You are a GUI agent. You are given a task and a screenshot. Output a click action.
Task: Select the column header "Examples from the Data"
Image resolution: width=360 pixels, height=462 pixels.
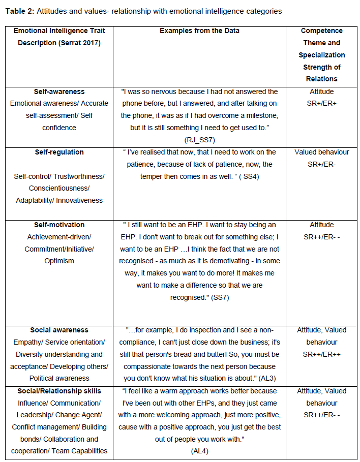point(199,31)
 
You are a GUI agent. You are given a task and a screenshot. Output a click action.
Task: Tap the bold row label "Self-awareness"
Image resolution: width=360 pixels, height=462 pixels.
point(59,91)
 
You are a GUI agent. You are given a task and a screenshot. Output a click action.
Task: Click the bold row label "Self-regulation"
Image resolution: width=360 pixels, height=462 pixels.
point(59,152)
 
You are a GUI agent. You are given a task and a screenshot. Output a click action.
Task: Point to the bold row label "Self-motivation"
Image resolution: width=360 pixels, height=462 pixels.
point(59,225)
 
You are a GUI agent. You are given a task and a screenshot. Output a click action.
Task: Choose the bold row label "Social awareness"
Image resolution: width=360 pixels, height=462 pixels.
point(59,330)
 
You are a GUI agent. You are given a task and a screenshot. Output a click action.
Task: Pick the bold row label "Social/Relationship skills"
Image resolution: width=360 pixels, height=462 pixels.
point(59,391)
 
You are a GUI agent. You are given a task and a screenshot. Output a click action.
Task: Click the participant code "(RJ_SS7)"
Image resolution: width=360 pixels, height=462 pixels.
point(199,139)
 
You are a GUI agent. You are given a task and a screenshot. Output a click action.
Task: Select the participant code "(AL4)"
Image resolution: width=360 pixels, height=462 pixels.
point(199,451)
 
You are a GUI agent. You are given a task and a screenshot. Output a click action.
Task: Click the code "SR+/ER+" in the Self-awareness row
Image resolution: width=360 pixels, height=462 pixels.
point(321,104)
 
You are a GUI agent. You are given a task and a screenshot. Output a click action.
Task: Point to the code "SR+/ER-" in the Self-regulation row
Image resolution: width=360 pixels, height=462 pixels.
point(321,164)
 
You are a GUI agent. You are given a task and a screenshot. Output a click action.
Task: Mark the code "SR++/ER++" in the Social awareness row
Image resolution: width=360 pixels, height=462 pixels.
point(321,354)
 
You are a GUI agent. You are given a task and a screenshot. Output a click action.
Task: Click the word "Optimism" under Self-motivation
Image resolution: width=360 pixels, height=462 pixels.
point(59,261)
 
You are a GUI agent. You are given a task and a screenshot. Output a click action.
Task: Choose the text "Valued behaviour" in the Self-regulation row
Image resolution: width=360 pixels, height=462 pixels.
point(321,152)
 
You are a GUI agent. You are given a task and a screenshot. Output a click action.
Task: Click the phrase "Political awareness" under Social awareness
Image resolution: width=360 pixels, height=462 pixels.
point(59,378)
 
